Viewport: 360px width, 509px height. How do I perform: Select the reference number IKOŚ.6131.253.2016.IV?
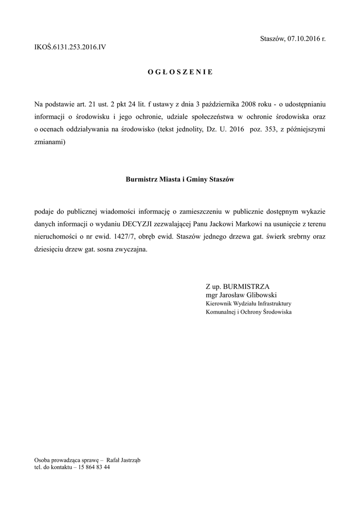pos(70,48)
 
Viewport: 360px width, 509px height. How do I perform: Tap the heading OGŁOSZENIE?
pos(180,72)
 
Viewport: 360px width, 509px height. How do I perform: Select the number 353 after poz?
pos(271,130)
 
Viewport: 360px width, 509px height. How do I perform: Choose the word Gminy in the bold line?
pos(195,179)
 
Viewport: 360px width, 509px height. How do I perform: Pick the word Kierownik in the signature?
pos(219,303)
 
